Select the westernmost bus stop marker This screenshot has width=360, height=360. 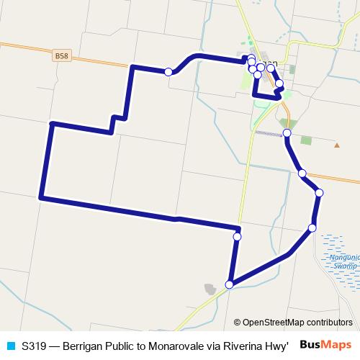point(168,71)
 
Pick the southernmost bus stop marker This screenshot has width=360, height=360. point(230,284)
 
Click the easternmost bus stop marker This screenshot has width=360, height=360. point(319,192)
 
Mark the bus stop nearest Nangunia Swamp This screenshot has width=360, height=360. point(312,228)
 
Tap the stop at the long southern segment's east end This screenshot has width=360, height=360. point(237,236)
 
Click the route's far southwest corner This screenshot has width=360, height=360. point(42,196)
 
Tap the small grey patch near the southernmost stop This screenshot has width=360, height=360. point(210,289)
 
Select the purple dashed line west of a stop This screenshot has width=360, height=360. point(270,133)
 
